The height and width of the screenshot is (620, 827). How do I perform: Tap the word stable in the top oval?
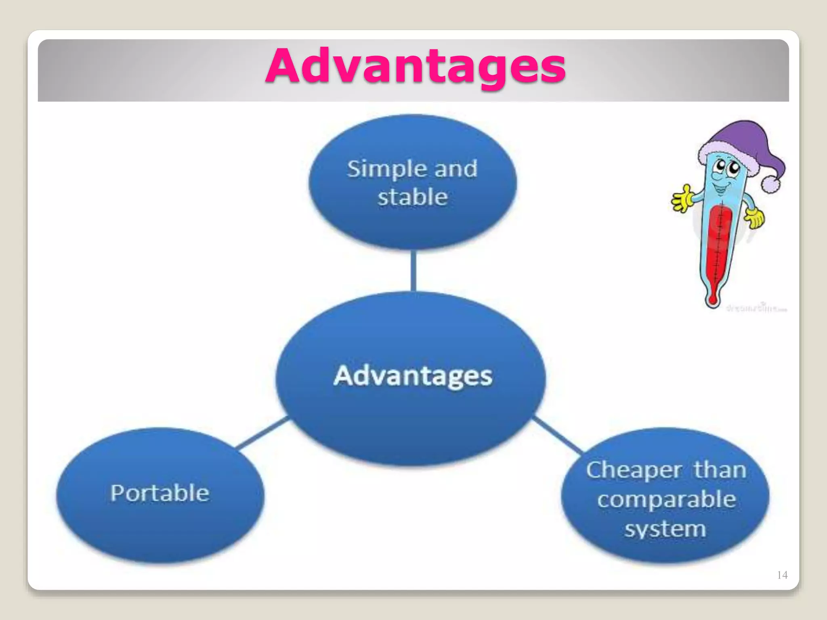412,197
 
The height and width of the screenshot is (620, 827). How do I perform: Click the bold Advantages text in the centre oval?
413,376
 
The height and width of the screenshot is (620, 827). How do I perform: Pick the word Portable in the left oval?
160,493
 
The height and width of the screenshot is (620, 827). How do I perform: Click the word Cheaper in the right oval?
634,471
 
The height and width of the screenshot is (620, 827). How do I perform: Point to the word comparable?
666,500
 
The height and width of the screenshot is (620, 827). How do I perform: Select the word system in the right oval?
665,529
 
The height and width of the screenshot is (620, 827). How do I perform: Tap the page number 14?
782,575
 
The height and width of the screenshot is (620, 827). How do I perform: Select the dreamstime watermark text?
756,309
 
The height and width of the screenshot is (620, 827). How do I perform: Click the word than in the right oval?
720,470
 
